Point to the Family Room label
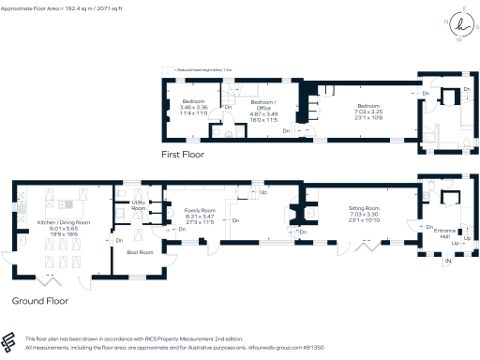198,211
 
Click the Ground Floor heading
40,301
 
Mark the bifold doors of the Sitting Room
366,247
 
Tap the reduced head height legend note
198,68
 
